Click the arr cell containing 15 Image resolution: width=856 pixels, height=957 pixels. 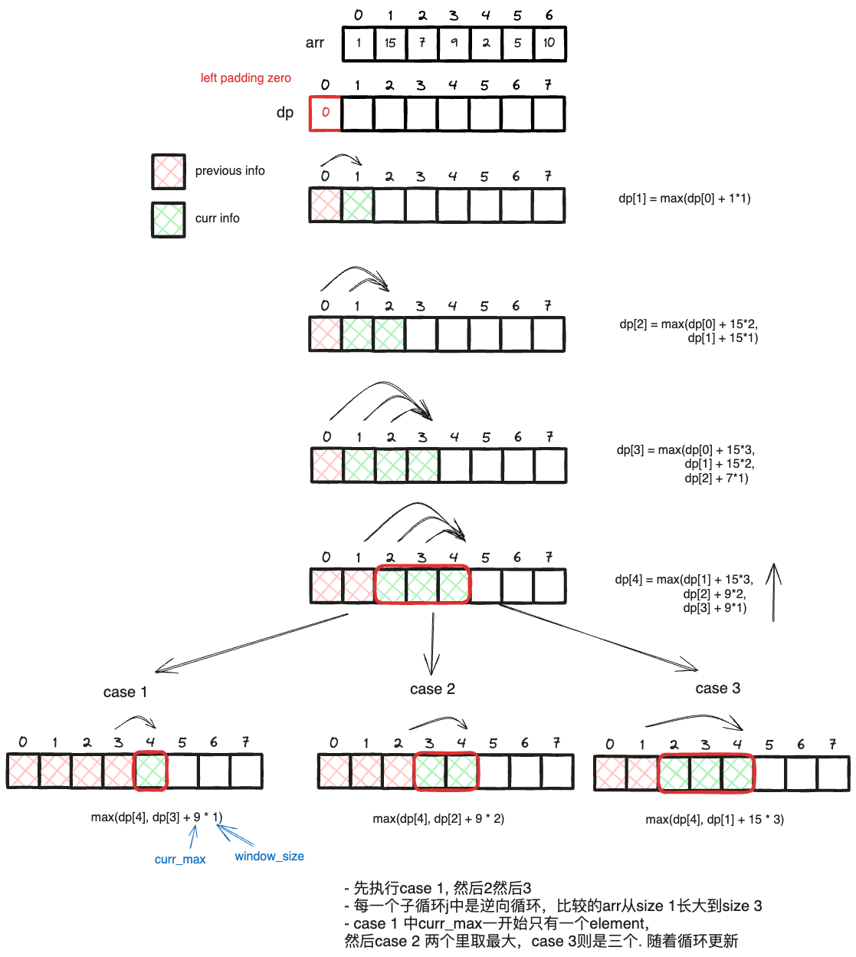pyautogui.click(x=390, y=43)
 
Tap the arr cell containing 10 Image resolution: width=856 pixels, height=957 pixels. pyautogui.click(x=549, y=43)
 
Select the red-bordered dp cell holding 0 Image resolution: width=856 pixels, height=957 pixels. pyautogui.click(x=326, y=113)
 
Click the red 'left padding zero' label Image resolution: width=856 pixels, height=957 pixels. pyautogui.click(x=245, y=78)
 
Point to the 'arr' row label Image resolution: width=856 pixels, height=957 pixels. pyautogui.click(x=315, y=43)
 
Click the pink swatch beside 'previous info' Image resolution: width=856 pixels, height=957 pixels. pyautogui.click(x=169, y=171)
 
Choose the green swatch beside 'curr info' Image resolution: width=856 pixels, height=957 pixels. pyautogui.click(x=169, y=219)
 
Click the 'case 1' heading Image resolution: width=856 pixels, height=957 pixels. pyautogui.click(x=125, y=692)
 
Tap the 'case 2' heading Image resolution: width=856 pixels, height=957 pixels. pyautogui.click(x=432, y=689)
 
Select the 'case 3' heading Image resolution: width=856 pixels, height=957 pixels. pyautogui.click(x=717, y=689)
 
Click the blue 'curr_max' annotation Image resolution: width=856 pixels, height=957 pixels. pyautogui.click(x=180, y=860)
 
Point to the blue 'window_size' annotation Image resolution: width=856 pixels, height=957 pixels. pyautogui.click(x=269, y=857)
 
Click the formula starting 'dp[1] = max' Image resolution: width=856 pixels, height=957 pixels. pyautogui.click(x=684, y=199)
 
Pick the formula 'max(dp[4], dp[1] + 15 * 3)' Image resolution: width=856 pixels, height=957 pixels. pyautogui.click(x=714, y=820)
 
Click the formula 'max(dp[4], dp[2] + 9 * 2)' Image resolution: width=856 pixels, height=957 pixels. pyautogui.click(x=438, y=819)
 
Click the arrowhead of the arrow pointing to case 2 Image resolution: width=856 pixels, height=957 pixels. pyautogui.click(x=431, y=669)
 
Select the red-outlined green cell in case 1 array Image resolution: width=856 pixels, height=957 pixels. pyautogui.click(x=151, y=771)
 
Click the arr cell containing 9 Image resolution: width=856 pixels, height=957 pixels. pyautogui.click(x=454, y=43)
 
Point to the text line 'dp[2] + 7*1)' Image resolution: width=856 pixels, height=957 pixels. pyautogui.click(x=717, y=479)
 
